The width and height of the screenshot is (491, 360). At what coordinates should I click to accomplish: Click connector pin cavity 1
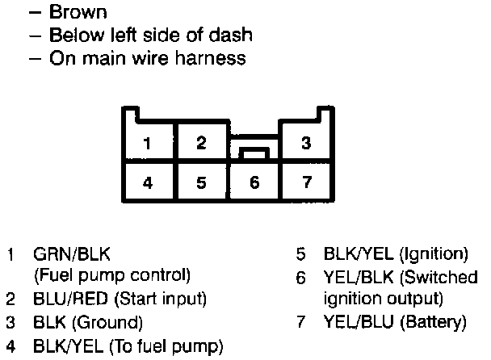click(x=147, y=144)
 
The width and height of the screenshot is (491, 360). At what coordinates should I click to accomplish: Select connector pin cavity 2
click(x=200, y=144)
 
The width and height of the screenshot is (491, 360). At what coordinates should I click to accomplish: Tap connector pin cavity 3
click(x=306, y=144)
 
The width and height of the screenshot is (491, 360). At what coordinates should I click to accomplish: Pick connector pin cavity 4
click(x=147, y=182)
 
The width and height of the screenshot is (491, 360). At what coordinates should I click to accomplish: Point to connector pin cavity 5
click(x=200, y=182)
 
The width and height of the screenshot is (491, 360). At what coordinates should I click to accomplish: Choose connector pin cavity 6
click(x=254, y=182)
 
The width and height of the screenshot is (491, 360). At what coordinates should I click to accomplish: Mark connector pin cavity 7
click(x=306, y=182)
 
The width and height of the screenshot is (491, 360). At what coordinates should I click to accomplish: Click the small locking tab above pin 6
click(x=254, y=152)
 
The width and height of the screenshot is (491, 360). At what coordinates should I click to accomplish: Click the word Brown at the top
click(x=78, y=12)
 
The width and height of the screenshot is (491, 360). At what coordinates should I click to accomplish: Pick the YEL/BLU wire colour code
click(x=359, y=323)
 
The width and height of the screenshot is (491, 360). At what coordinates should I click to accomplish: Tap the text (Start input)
click(x=161, y=299)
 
